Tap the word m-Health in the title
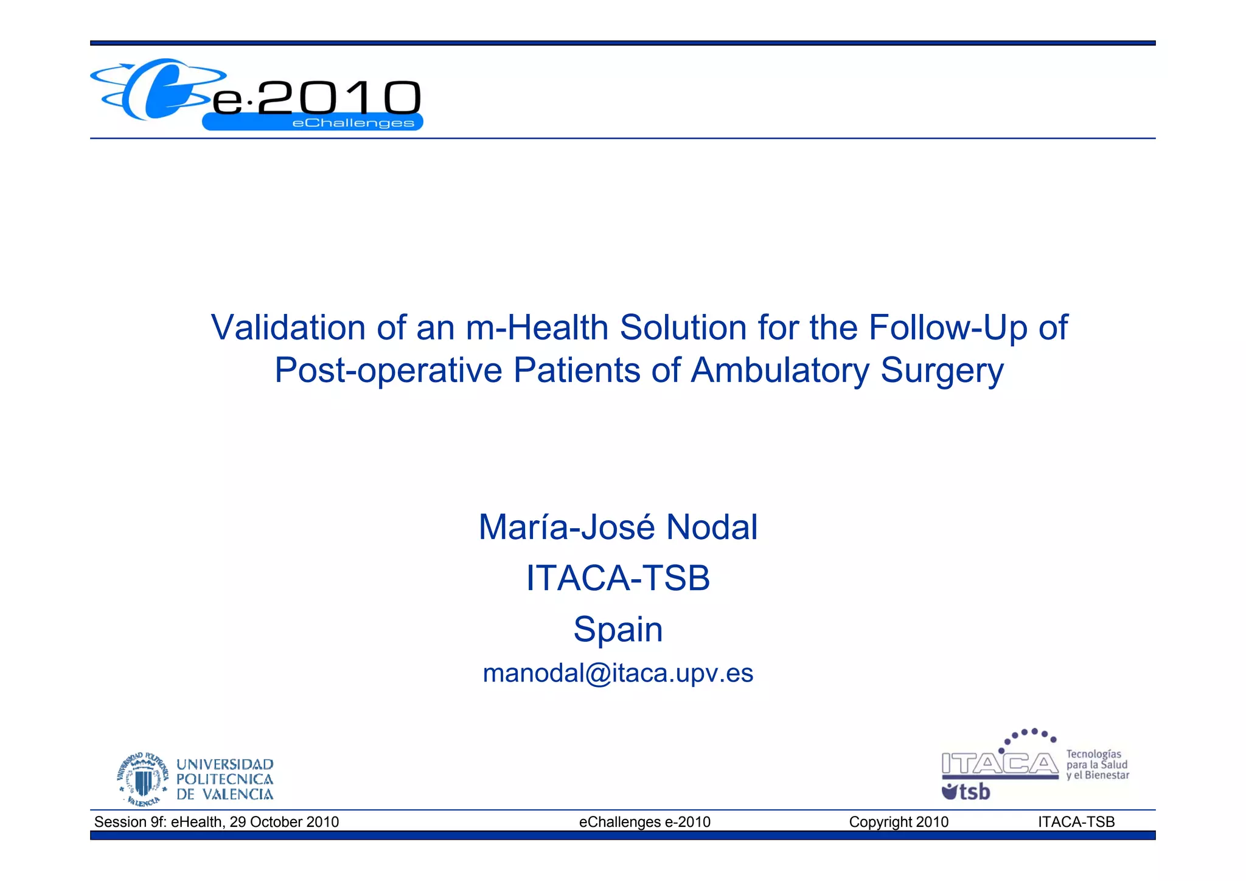(x=537, y=328)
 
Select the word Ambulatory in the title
(x=780, y=371)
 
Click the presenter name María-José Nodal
(x=618, y=527)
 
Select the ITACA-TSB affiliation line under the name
(x=618, y=578)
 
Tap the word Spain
(x=618, y=630)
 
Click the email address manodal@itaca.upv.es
(x=618, y=674)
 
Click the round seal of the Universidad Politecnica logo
(x=143, y=779)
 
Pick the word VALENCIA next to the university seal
(x=237, y=795)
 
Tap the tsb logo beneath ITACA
(x=966, y=792)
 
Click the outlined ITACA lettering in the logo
(x=1000, y=764)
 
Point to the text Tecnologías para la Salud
(x=1096, y=759)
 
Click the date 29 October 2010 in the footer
(x=284, y=822)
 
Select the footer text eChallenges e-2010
(x=644, y=822)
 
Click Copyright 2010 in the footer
(x=899, y=822)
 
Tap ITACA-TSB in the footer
(x=1076, y=822)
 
